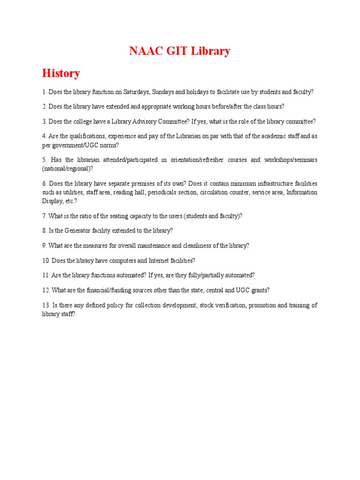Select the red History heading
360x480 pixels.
pos(61,74)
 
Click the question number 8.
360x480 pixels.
pos(44,231)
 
